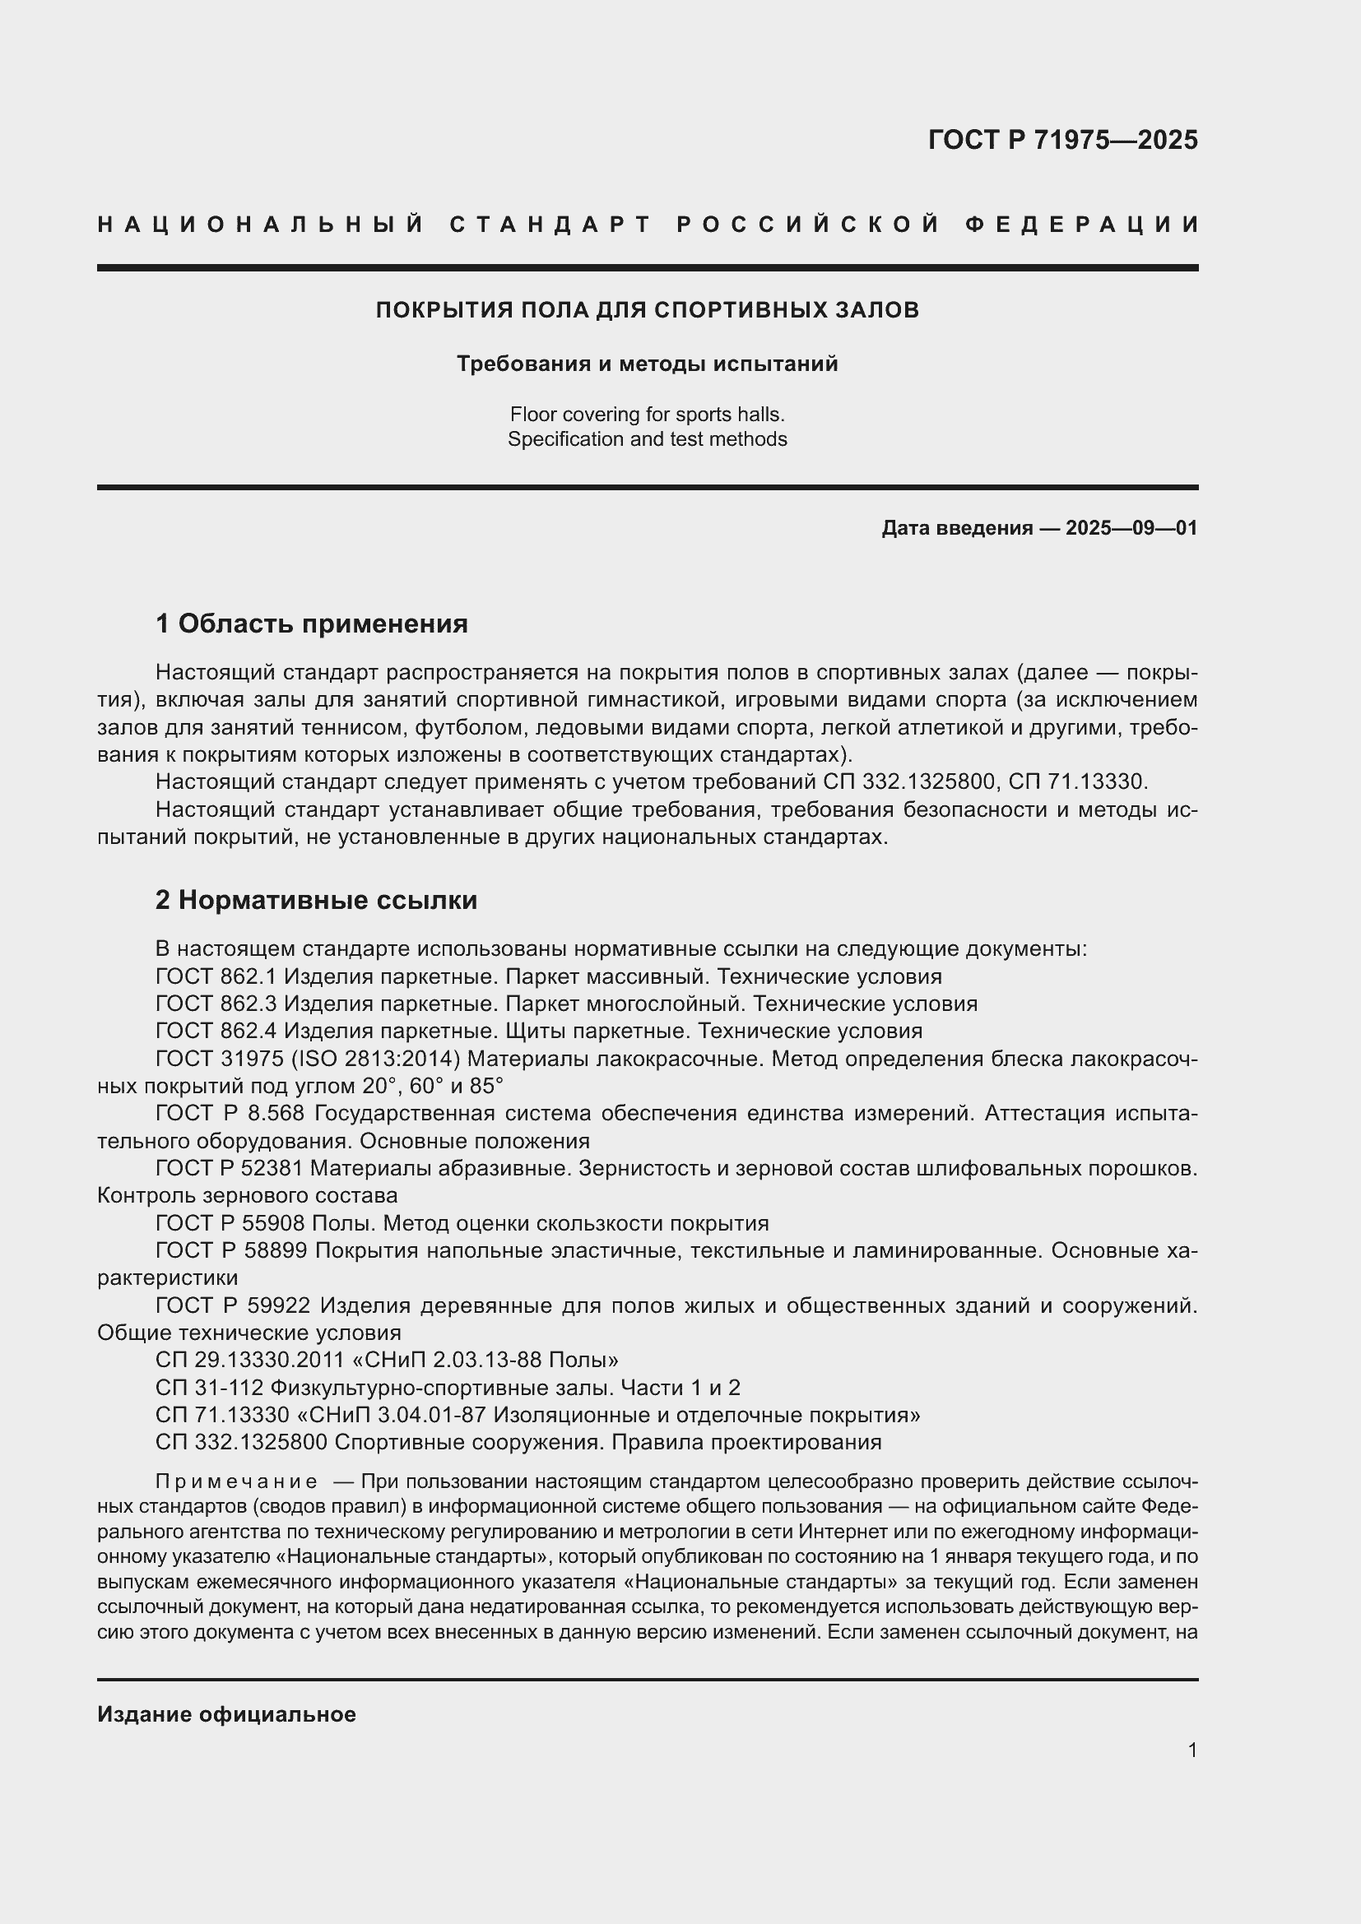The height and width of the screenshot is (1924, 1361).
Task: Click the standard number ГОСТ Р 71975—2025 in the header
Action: pyautogui.click(x=1062, y=140)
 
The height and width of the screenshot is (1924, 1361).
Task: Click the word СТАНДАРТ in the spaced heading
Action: pyautogui.click(x=551, y=225)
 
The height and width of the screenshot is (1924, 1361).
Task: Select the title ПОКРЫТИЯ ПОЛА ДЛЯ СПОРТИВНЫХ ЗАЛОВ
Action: pyautogui.click(x=647, y=310)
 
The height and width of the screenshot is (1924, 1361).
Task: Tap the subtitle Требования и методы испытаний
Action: pyautogui.click(x=647, y=364)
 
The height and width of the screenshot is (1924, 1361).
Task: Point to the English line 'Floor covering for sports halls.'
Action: pyautogui.click(x=647, y=414)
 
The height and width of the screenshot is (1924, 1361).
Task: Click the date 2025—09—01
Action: pyautogui.click(x=1131, y=528)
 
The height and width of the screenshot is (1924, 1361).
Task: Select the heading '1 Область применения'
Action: pyautogui.click(x=311, y=624)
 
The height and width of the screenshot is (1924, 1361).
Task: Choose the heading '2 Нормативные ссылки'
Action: pyautogui.click(x=316, y=900)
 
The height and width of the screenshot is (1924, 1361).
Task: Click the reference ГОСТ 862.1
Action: pyautogui.click(x=216, y=976)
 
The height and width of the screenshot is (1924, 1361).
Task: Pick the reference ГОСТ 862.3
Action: pyautogui.click(x=216, y=1004)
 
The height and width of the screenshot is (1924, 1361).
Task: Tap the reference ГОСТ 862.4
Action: pyautogui.click(x=216, y=1031)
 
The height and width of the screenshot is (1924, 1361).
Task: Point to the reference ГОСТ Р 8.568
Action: pyautogui.click(x=232, y=1114)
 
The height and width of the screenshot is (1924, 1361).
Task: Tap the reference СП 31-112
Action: pyautogui.click(x=210, y=1388)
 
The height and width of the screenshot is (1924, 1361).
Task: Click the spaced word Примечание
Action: pyautogui.click(x=236, y=1481)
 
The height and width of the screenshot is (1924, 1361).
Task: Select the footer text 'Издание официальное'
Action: pyautogui.click(x=226, y=1714)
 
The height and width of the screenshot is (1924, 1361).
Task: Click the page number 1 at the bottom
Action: pyautogui.click(x=1192, y=1750)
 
